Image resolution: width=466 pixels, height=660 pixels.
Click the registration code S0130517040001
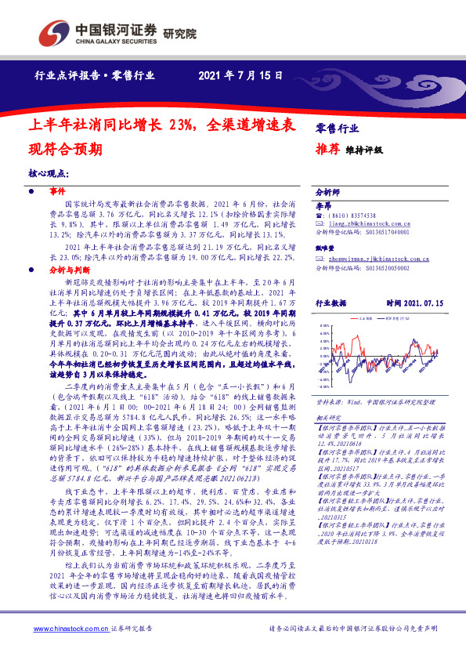pos(388,233)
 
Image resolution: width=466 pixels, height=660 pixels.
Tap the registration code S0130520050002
pos(388,267)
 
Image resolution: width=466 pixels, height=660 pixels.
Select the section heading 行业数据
pos(331,302)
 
